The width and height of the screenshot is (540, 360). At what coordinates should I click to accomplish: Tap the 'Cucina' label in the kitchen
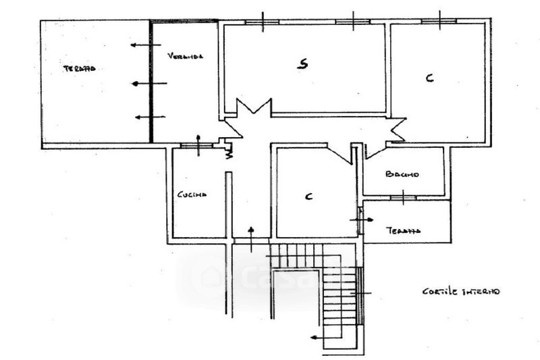click(192, 195)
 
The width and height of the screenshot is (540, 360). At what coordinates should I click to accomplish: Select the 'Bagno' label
click(402, 174)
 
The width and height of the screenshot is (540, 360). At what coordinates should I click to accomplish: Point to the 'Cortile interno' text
click(462, 292)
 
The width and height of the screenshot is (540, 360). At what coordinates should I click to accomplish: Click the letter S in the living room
click(304, 65)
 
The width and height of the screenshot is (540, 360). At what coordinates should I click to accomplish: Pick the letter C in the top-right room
click(429, 78)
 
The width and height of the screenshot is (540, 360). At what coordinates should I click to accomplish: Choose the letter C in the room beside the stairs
click(308, 197)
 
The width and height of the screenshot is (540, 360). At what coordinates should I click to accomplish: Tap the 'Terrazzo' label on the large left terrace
click(80, 69)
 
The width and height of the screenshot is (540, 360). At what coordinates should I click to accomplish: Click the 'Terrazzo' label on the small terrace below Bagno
click(404, 231)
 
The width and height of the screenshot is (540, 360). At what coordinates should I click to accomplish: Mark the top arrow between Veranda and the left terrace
click(141, 45)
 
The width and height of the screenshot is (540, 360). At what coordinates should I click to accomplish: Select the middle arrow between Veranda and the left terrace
click(148, 84)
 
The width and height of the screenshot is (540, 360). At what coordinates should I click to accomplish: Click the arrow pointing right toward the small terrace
click(362, 220)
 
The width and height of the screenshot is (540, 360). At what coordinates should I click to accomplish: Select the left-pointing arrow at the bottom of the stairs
click(318, 337)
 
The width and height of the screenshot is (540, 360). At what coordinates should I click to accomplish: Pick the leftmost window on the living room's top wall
click(261, 22)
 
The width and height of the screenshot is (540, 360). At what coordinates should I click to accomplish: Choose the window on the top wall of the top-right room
click(439, 21)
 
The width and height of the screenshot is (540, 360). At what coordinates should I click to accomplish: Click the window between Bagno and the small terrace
click(403, 197)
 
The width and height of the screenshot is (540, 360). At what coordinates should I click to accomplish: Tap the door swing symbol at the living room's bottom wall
click(253, 108)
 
